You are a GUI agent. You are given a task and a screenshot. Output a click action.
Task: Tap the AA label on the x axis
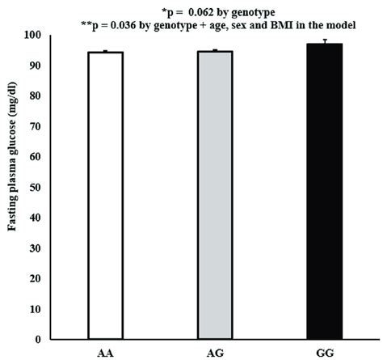point(105,352)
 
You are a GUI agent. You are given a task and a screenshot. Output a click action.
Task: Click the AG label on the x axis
point(215,352)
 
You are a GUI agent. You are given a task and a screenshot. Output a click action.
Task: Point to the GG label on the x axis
point(324,352)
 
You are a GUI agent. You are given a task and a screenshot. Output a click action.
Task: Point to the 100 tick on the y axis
point(34,36)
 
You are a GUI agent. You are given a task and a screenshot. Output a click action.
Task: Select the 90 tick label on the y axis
point(36,66)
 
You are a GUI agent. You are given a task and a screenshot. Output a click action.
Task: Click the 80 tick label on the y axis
point(36,96)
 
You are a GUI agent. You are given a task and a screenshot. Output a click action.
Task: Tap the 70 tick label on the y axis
point(36,126)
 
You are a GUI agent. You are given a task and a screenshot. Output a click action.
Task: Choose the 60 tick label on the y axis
point(36,157)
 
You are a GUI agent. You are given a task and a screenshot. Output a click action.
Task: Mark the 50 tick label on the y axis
point(36,187)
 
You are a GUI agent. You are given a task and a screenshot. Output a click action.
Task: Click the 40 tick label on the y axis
point(36,218)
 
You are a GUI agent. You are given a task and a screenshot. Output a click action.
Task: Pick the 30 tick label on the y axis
point(36,248)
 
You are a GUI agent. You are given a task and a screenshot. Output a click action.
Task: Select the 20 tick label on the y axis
point(36,278)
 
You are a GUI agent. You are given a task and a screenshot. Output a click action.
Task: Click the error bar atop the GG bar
point(324,40)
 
